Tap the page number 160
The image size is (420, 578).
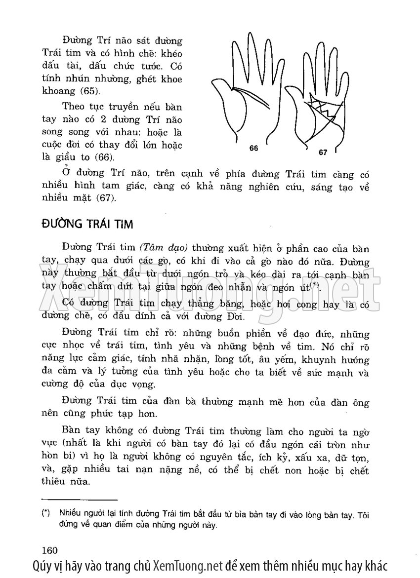pos(51,550)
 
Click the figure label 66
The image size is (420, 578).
pos(253,148)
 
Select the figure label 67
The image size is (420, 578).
pos(323,153)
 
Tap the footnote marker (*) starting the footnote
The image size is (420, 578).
pos(46,513)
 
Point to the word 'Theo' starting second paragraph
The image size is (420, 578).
pos(73,106)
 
